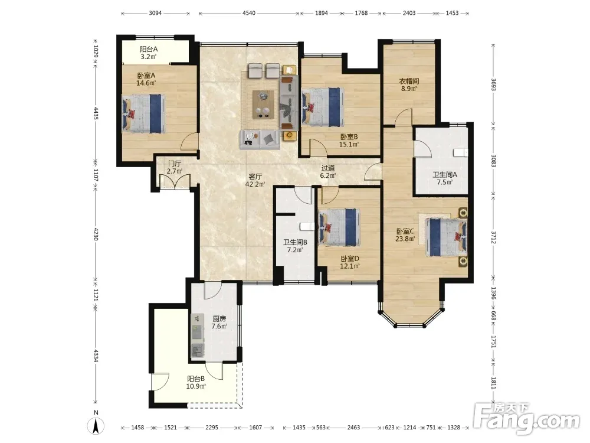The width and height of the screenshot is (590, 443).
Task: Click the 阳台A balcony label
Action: (x=148, y=53)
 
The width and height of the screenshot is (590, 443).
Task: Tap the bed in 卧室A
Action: (x=144, y=113)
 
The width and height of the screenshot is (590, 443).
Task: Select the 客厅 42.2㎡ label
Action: (x=255, y=180)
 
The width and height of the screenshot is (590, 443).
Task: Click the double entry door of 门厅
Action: (x=175, y=181)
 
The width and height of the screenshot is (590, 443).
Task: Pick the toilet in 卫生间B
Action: (x=306, y=226)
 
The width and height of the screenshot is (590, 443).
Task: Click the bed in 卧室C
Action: (x=447, y=237)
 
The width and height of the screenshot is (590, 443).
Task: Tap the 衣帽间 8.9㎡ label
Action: (x=409, y=84)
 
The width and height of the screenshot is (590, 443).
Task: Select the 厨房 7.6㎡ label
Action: (x=219, y=323)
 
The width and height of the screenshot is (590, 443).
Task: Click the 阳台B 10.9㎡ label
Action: (x=196, y=382)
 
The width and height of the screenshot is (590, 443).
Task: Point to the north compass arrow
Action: (x=96, y=426)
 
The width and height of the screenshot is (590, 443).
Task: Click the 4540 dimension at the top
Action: (x=249, y=13)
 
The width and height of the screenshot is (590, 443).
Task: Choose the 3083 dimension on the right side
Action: (x=494, y=161)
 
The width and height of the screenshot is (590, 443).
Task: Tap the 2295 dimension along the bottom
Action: (x=212, y=428)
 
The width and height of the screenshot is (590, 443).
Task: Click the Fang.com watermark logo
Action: (x=527, y=418)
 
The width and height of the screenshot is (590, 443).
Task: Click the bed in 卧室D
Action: (x=339, y=227)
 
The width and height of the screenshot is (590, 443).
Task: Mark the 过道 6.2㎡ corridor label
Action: (x=327, y=172)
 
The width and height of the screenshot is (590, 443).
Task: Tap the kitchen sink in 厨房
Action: (x=197, y=350)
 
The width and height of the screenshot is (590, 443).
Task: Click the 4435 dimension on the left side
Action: (x=96, y=113)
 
